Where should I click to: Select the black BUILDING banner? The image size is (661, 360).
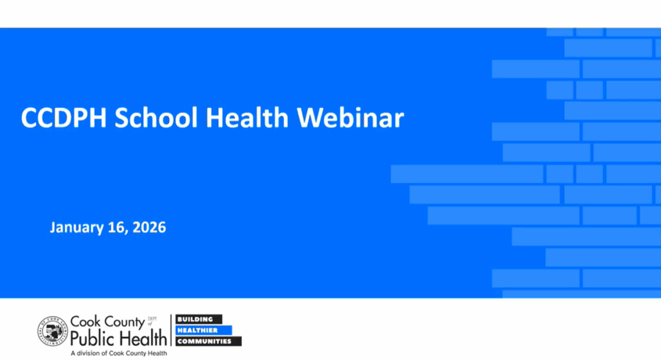(x=199, y=319)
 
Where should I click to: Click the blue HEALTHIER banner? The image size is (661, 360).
(x=203, y=330)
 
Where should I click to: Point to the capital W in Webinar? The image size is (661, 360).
(x=310, y=119)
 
